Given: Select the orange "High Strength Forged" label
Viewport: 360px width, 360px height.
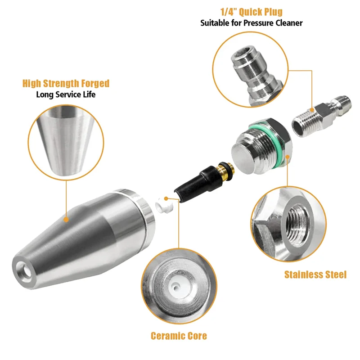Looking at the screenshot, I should pos(66,83).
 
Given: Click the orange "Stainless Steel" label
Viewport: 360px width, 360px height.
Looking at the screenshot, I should pos(315,274).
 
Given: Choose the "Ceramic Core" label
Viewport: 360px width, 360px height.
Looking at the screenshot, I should pos(179,336).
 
